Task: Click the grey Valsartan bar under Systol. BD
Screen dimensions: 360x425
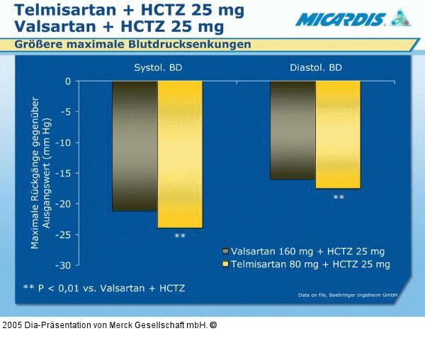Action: point(135,146)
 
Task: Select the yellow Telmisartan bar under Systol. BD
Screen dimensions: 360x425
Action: point(180,154)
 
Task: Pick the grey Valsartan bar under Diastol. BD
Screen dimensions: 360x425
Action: point(293,130)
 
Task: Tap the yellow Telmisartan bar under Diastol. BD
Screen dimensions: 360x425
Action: point(338,135)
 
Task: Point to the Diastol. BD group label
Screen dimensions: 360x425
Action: point(316,69)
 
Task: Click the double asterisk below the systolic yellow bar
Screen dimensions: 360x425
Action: point(180,237)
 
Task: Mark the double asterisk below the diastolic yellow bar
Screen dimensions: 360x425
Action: point(339,198)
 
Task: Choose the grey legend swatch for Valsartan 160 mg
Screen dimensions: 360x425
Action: point(226,252)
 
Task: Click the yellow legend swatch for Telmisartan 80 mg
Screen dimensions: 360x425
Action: point(226,264)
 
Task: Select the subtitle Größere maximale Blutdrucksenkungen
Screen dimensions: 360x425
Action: point(133,45)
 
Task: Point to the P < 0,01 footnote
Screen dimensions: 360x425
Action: point(104,288)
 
